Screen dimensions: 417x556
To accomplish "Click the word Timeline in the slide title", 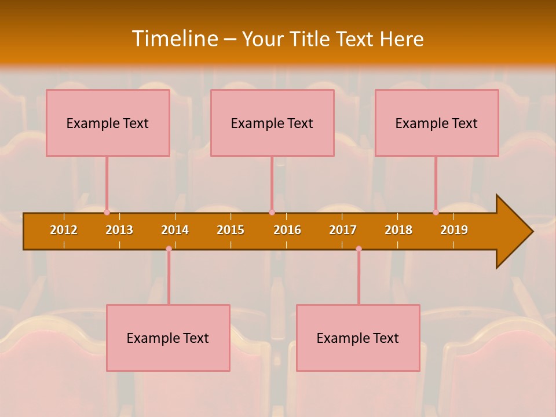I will [x=174, y=39].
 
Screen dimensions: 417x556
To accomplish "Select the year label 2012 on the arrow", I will [x=64, y=230].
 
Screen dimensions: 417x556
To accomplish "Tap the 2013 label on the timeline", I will [x=119, y=230].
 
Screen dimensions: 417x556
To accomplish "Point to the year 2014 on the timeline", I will [x=175, y=230].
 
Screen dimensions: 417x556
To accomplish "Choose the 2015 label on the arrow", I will [x=231, y=230].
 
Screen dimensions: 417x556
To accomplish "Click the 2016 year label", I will [x=287, y=230].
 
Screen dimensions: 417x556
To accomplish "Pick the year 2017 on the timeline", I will [x=343, y=230].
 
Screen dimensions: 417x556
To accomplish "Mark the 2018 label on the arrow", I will [x=398, y=230].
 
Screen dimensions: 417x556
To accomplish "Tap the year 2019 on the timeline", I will [x=454, y=230].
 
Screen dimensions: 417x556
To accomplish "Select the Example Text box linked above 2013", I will [x=108, y=123].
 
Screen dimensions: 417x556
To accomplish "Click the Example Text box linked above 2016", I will [x=272, y=123].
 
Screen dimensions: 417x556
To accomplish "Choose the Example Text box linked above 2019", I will [x=437, y=123].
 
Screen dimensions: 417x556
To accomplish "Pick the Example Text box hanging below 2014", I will [x=168, y=338].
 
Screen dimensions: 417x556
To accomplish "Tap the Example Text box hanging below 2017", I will [x=358, y=338].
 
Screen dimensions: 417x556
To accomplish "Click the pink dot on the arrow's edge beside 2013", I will [x=107, y=212].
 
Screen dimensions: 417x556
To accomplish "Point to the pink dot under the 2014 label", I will [x=169, y=248].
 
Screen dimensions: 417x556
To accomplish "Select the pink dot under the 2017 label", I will [x=359, y=248].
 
